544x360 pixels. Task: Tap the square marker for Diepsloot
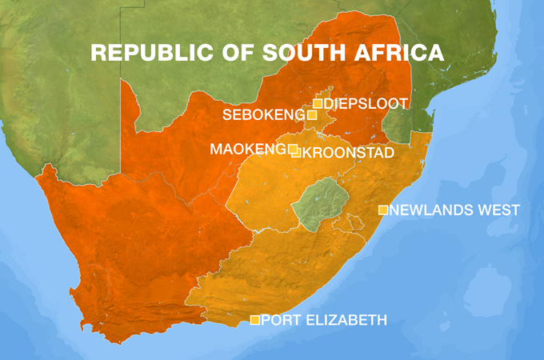[318, 103]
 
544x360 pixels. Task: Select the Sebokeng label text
[263, 115]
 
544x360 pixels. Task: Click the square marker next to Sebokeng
[311, 115]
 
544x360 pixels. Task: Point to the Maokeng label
[247, 149]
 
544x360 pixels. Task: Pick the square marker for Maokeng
[292, 149]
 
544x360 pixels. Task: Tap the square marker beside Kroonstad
[297, 153]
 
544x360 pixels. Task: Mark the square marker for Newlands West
[382, 210]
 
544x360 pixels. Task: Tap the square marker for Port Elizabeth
[254, 320]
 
